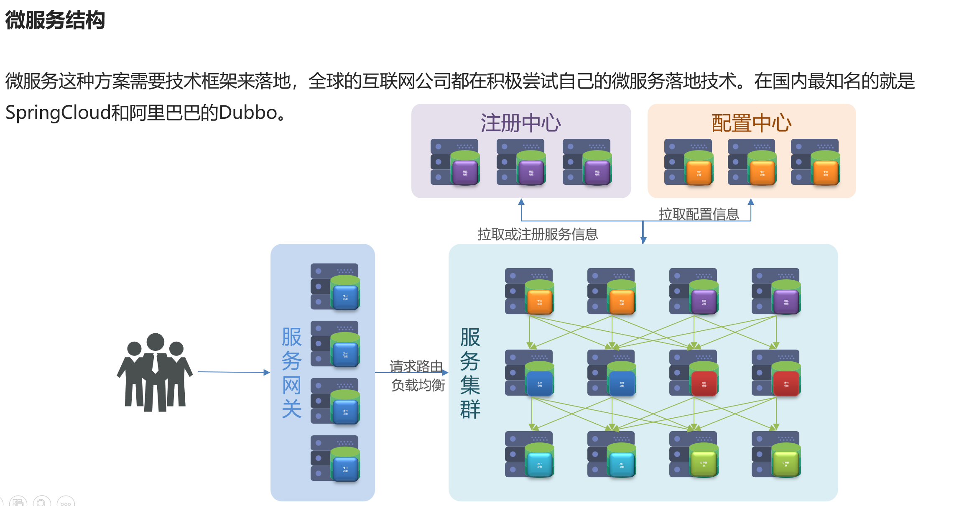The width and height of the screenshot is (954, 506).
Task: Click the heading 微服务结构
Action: pos(55,20)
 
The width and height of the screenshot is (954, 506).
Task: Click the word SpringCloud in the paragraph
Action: pos(58,113)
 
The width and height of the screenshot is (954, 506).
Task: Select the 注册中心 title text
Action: pos(520,123)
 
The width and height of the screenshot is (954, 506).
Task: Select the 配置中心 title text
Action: pos(751,123)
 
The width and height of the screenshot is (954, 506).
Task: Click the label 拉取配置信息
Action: pos(699,214)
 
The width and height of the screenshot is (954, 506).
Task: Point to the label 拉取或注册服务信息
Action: pos(538,234)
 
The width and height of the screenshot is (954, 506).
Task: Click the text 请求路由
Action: pos(416,366)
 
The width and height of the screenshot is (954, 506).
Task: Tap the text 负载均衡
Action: pos(418,385)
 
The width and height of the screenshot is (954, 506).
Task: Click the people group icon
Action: pos(155,372)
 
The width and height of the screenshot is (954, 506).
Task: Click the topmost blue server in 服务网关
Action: pos(335,287)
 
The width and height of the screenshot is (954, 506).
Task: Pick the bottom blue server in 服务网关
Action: pos(335,459)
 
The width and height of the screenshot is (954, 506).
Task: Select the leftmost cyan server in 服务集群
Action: pos(530,455)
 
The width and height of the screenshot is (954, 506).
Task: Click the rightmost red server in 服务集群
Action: pos(776,373)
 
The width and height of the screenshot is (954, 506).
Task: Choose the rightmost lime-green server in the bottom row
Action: pos(776,455)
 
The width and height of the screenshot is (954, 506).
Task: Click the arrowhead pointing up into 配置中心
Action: pos(751,202)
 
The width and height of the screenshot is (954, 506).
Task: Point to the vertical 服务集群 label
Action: pos(470,373)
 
